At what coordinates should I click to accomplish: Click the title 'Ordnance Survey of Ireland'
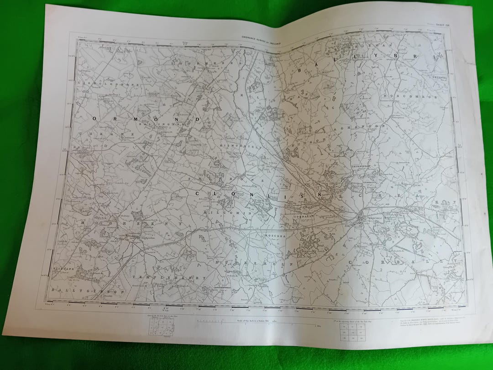coord(258,41)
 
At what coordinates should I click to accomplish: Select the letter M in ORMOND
coord(146,119)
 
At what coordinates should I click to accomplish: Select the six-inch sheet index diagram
coord(160,327)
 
